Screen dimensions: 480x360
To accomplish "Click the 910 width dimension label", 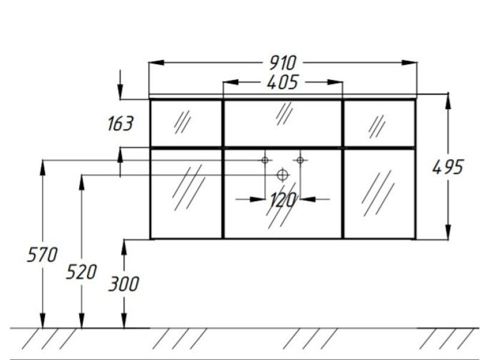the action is [283, 63].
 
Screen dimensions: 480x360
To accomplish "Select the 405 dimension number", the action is [282, 82].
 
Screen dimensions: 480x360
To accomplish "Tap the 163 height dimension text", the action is [121, 124].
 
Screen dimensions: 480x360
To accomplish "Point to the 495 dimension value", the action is [448, 167].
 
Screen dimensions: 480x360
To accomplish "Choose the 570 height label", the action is [42, 254].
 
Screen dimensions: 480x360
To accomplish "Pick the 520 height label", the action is [81, 272].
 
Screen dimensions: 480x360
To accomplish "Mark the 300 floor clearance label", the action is [124, 284].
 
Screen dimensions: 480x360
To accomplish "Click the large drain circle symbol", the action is [283, 175].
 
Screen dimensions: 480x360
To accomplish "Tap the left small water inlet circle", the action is [265, 160].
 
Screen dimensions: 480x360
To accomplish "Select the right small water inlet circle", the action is [300, 160].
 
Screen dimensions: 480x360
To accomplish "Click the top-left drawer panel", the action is [186, 124].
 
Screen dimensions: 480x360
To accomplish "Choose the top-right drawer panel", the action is [379, 124].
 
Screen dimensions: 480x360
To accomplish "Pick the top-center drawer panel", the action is [283, 124].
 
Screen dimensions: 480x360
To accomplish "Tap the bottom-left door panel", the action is [186, 193].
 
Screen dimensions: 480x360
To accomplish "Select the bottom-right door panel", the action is [379, 193].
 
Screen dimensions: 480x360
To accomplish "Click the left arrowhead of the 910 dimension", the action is [157, 63].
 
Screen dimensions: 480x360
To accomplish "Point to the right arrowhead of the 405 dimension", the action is [335, 82].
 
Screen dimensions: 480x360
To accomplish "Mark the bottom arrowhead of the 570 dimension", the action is [43, 320].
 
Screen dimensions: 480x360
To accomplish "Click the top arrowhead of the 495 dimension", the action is [448, 101].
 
